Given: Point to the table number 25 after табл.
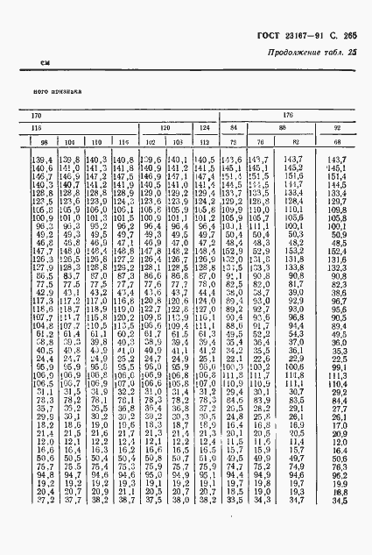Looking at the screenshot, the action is click(x=353, y=54).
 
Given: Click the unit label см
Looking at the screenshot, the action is click(x=46, y=62).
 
